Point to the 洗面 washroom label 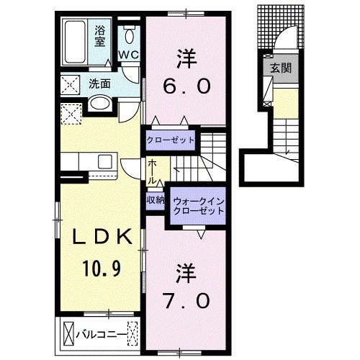99,84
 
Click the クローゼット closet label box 171,139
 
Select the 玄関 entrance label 279,70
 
